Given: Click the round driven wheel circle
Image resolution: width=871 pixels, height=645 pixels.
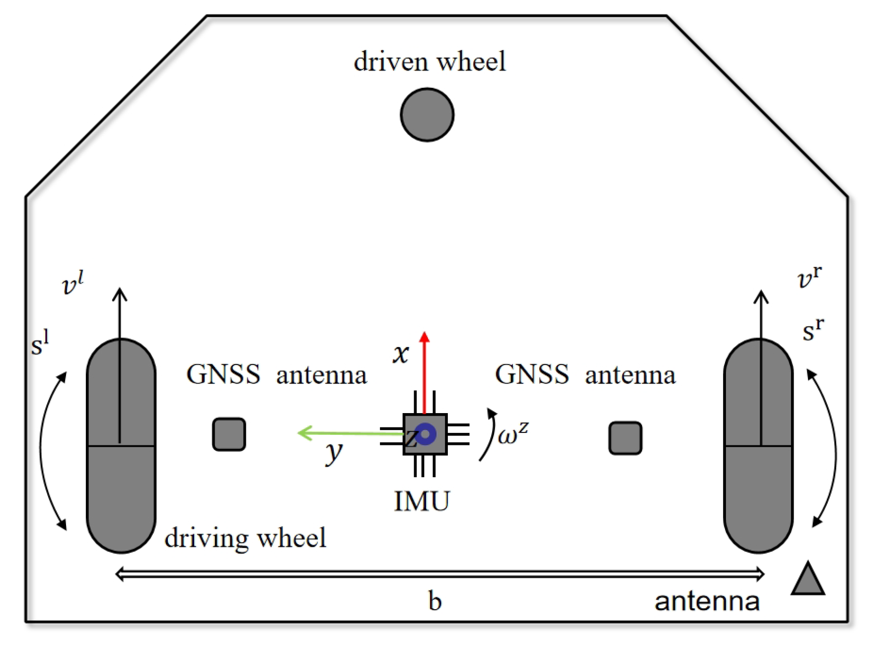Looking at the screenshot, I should pyautogui.click(x=427, y=115).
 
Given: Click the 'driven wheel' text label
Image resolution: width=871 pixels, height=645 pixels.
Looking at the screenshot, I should pyautogui.click(x=430, y=62).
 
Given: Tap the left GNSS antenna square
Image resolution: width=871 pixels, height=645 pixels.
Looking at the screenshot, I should pyautogui.click(x=229, y=434).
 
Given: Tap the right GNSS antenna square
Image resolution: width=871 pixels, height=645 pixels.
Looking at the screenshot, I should pyautogui.click(x=625, y=438).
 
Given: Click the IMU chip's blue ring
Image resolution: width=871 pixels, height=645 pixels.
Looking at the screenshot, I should pyautogui.click(x=425, y=434).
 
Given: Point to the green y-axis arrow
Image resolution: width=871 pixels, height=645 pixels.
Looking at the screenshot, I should pyautogui.click(x=348, y=433).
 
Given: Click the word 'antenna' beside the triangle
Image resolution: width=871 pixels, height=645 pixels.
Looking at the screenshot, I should pyautogui.click(x=707, y=601).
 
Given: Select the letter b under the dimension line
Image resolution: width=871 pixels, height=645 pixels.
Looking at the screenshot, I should pyautogui.click(x=435, y=601).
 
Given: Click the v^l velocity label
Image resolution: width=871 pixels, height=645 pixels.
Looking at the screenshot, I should pyautogui.click(x=73, y=284).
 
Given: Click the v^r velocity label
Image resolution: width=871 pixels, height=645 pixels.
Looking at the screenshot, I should pyautogui.click(x=809, y=278).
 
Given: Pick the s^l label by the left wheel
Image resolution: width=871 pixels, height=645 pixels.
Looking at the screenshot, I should pyautogui.click(x=40, y=343).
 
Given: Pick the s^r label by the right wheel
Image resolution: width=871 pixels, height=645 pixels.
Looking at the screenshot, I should pyautogui.click(x=812, y=330).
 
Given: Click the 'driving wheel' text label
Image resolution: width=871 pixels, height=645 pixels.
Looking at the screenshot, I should pyautogui.click(x=245, y=538).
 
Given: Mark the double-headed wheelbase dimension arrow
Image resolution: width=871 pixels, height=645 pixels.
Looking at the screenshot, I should pyautogui.click(x=439, y=574).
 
